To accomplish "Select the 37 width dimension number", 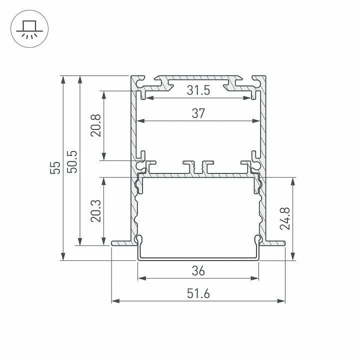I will pyautogui.click(x=198, y=113).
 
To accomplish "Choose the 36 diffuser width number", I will pyautogui.click(x=198, y=271).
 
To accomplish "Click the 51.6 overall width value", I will pyautogui.click(x=198, y=293).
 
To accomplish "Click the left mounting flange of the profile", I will pyautogui.click(x=122, y=243).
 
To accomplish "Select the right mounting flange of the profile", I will pyautogui.click(x=274, y=243).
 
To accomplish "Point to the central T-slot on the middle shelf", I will pyautogui.click(x=198, y=166).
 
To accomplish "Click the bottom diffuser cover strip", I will pyautogui.click(x=198, y=258).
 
